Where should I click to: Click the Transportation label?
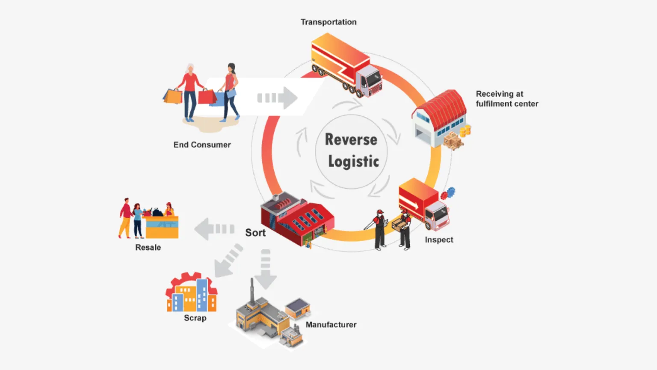point(328,22)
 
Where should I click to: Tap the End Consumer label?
point(202,145)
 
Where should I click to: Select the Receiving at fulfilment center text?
point(507,99)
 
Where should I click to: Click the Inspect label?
point(439,240)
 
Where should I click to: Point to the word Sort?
point(255,233)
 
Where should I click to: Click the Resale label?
point(148,247)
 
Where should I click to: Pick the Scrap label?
point(195,318)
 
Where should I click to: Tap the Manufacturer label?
point(331,325)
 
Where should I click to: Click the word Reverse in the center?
point(351,139)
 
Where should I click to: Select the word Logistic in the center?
point(353,161)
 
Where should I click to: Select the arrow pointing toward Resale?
point(214,229)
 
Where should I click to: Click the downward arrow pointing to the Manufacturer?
point(266,269)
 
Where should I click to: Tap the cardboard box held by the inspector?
point(399,225)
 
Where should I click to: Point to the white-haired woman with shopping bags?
point(189,92)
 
